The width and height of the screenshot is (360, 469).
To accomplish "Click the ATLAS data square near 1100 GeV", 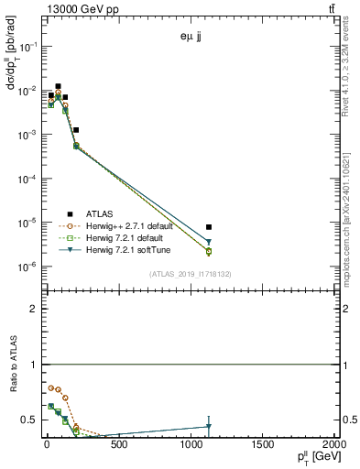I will pos(209,226).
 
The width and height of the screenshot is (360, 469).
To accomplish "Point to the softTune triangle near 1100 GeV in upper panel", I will pos(209,242).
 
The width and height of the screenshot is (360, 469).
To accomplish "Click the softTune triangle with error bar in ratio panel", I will pos(209,426).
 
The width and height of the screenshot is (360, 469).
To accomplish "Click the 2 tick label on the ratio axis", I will pos(33,309).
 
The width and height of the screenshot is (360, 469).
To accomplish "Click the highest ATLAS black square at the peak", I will pos(59,86).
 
